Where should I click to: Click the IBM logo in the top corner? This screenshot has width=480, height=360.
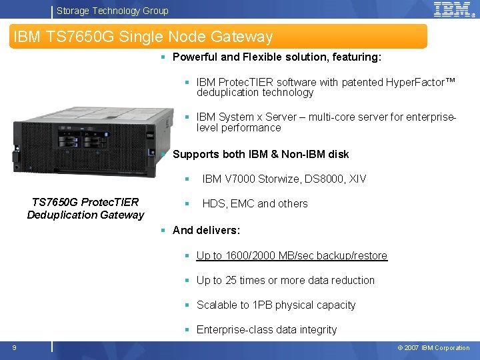pos(453,9)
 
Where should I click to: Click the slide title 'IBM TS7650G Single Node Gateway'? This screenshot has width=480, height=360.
pos(143,37)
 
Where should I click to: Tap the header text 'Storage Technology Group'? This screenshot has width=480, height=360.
pos(113,11)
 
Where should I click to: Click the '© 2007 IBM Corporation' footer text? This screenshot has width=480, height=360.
pos(433,347)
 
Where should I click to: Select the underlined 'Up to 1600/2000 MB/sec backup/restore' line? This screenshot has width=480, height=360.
pos(291,256)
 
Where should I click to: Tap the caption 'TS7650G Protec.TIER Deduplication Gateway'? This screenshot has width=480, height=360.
pos(85,209)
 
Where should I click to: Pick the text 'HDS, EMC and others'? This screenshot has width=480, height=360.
pos(255,204)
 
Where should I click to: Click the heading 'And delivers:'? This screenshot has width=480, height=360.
pos(206,231)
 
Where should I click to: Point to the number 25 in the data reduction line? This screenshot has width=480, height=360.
pos(231,281)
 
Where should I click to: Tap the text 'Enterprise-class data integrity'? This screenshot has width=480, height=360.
pos(266,330)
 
